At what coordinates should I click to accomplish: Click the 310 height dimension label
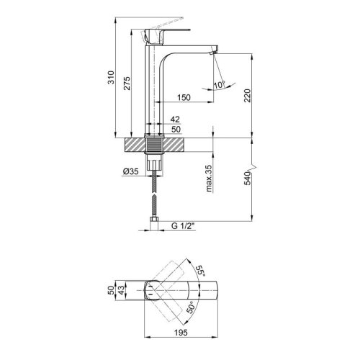tap(110, 78)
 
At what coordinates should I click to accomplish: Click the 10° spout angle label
tap(219, 86)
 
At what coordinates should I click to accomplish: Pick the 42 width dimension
tap(174, 120)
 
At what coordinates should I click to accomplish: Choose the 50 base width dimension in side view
tap(174, 130)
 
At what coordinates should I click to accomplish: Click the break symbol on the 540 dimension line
tap(251, 163)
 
